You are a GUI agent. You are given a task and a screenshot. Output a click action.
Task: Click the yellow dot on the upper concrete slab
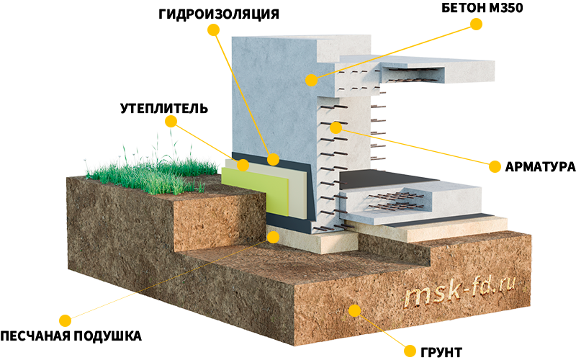pyautogui.click(x=311, y=79)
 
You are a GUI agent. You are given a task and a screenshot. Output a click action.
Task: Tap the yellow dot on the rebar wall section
pyautogui.click(x=336, y=128)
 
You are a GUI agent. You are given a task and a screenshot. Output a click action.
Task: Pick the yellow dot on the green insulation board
pyautogui.click(x=243, y=165)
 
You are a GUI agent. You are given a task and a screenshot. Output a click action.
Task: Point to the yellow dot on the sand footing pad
pyautogui.click(x=273, y=236)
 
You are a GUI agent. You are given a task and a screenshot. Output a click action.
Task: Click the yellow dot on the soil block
pyautogui.click(x=354, y=310)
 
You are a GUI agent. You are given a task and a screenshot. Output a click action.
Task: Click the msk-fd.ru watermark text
pyautogui.click(x=461, y=292)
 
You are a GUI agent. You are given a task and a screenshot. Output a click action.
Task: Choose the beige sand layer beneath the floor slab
pyautogui.click(x=432, y=229)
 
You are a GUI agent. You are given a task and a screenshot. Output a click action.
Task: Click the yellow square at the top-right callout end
pyautogui.click(x=477, y=24)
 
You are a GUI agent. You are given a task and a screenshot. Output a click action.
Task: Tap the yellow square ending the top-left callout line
pyautogui.click(x=212, y=29)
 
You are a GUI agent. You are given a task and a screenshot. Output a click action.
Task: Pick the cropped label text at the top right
pyautogui.click(x=482, y=8)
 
